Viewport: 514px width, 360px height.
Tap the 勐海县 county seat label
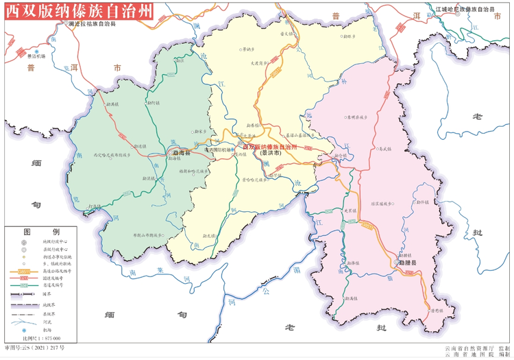click(182, 153)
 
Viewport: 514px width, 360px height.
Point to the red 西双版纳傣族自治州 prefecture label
click(271, 147)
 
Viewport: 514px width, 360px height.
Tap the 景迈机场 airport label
click(36, 56)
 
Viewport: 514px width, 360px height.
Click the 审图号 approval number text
click(37, 349)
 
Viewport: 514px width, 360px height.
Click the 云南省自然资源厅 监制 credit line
click(476, 348)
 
